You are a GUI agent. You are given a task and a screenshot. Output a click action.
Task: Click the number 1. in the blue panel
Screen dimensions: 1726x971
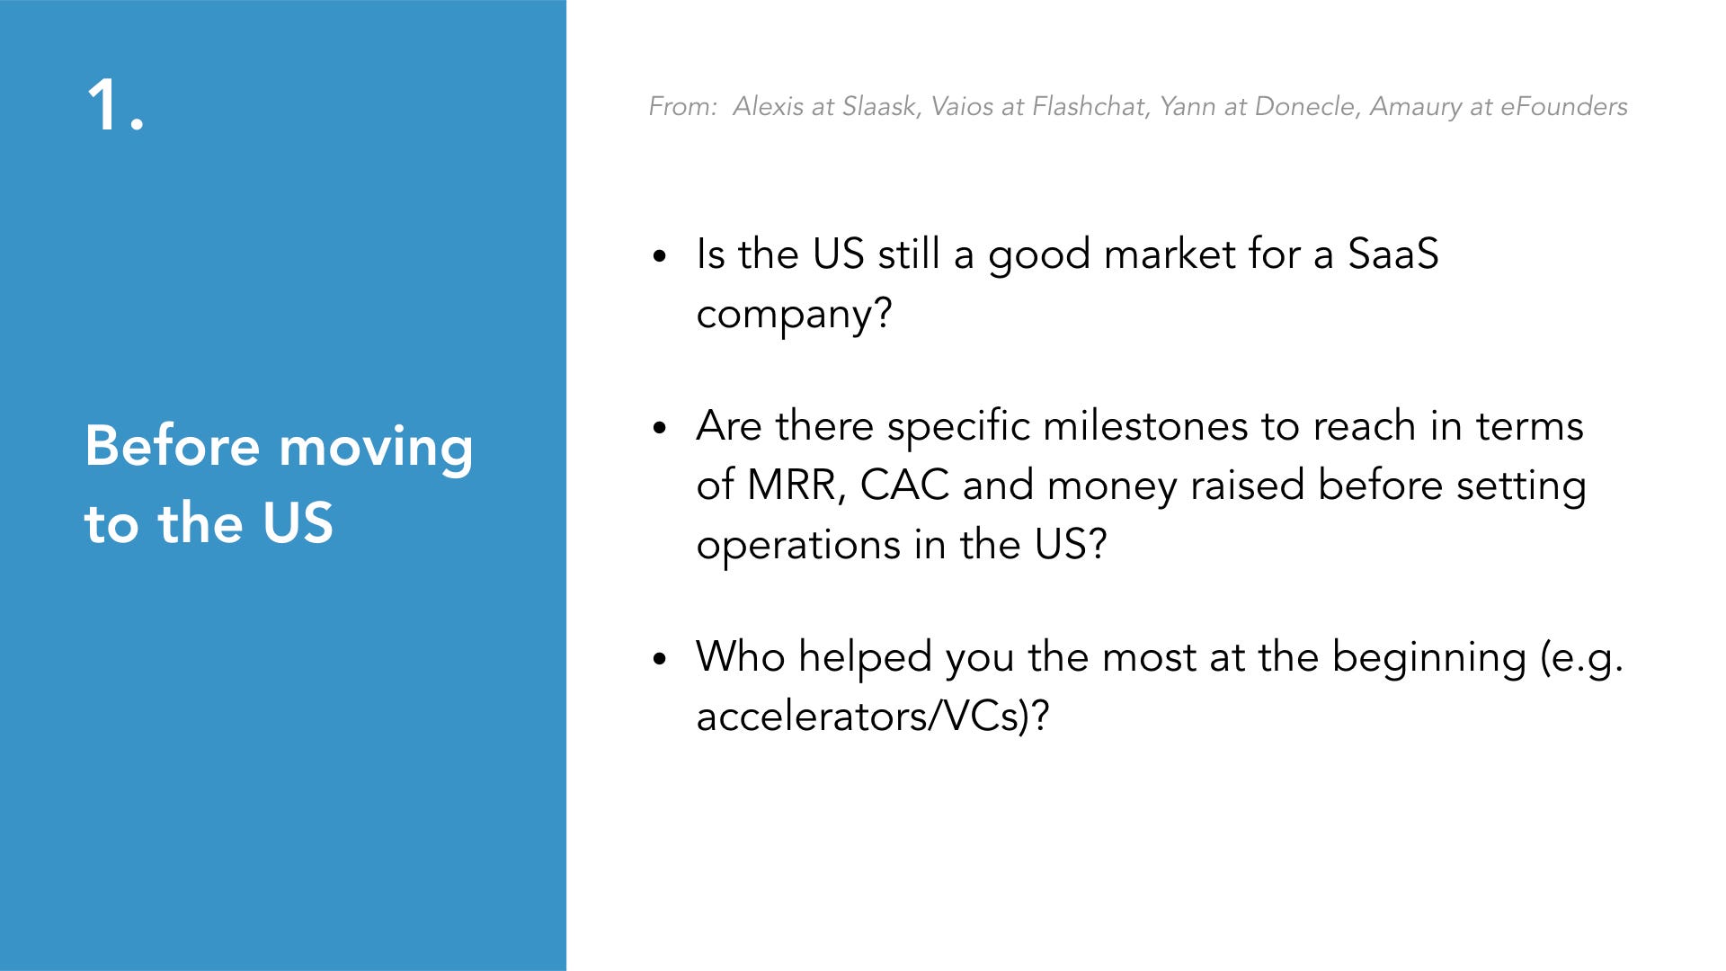pyautogui.click(x=115, y=105)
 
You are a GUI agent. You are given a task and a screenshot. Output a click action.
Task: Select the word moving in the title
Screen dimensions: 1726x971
pyautogui.click(x=376, y=450)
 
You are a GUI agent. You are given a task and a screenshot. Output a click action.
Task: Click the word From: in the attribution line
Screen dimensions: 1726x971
pyautogui.click(x=683, y=106)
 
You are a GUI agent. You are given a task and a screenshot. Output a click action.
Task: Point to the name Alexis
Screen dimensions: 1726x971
pyautogui.click(x=769, y=106)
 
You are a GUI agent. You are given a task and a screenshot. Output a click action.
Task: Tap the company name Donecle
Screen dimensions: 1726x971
pyautogui.click(x=1308, y=106)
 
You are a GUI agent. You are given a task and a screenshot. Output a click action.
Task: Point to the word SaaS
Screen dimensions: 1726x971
pyautogui.click(x=1392, y=254)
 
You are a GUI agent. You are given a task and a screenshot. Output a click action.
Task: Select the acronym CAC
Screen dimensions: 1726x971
pyautogui.click(x=904, y=485)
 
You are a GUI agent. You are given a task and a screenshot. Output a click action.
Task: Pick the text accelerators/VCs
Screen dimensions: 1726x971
pyautogui.click(x=862, y=717)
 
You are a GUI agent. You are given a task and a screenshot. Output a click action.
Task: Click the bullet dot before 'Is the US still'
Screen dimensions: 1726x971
pyautogui.click(x=660, y=256)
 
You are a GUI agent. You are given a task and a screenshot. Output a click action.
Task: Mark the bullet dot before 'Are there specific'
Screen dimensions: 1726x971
pyautogui.click(x=660, y=428)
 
